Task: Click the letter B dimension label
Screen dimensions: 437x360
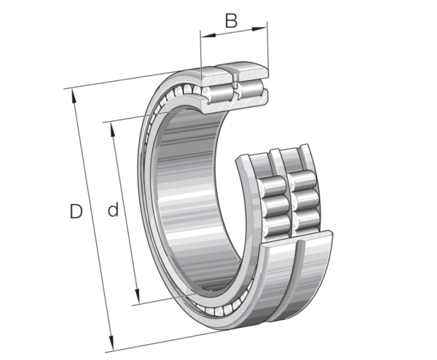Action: click(x=232, y=20)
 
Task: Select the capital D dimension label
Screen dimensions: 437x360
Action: click(x=76, y=211)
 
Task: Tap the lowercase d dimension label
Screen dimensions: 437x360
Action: click(x=113, y=211)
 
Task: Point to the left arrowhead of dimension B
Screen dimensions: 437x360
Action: click(x=208, y=36)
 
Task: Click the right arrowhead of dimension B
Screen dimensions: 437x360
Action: click(x=259, y=28)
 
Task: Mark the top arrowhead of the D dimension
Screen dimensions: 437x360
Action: click(x=74, y=96)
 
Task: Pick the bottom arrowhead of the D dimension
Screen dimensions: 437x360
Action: click(x=111, y=343)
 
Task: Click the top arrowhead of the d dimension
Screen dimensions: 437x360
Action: click(x=113, y=130)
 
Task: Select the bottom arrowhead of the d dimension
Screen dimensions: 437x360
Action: click(x=137, y=297)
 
